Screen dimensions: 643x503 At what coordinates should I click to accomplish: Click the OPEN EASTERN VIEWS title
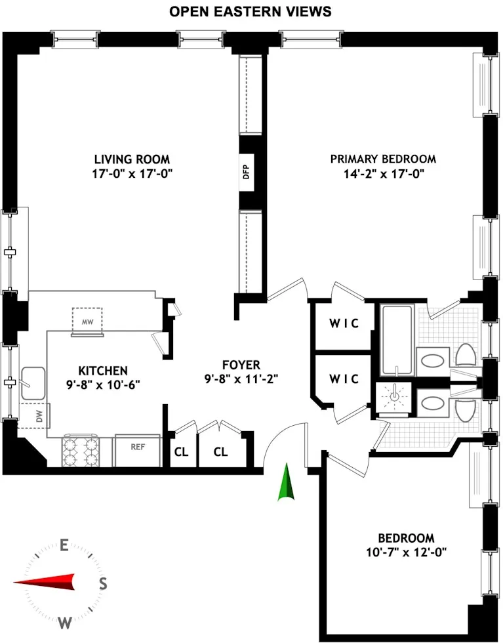click(250, 11)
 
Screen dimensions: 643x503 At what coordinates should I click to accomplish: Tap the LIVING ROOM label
click(132, 159)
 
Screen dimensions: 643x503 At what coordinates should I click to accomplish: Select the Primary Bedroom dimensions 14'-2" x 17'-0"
click(382, 174)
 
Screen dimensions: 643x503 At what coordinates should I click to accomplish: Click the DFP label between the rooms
click(247, 173)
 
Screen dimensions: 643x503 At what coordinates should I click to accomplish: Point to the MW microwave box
click(87, 322)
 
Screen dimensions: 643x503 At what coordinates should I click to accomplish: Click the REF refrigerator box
click(137, 448)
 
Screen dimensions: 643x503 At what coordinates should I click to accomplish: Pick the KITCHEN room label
click(103, 371)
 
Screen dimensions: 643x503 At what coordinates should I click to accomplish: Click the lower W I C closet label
click(344, 379)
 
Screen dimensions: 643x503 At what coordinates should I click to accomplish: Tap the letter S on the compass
click(102, 583)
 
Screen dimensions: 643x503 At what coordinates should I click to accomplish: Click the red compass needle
click(46, 582)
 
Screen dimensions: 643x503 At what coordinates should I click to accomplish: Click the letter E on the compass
click(64, 545)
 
